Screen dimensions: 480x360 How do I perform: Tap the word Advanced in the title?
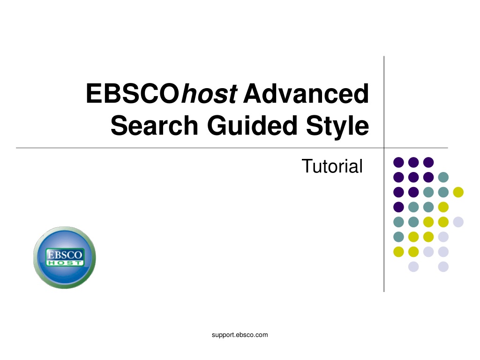(x=306, y=93)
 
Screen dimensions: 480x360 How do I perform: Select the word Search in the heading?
(x=154, y=125)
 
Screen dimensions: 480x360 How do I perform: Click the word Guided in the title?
(x=252, y=125)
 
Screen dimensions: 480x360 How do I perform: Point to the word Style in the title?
(x=337, y=126)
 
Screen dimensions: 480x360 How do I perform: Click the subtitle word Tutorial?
(x=332, y=166)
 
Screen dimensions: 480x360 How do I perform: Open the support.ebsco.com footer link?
(x=240, y=335)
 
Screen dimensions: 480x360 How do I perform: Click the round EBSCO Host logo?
(x=65, y=257)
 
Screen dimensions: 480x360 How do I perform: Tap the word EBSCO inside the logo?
(x=64, y=255)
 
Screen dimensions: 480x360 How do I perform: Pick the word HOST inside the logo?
(x=65, y=263)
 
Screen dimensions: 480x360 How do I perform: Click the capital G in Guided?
(x=217, y=125)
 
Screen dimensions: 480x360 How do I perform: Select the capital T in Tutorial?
(x=307, y=166)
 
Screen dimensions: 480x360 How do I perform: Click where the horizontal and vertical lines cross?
(x=384, y=148)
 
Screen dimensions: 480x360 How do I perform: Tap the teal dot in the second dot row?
(x=443, y=177)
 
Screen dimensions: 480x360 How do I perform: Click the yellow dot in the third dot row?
(x=458, y=192)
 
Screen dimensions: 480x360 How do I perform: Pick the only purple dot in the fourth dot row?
(x=398, y=207)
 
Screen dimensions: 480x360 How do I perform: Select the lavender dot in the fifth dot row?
(x=458, y=222)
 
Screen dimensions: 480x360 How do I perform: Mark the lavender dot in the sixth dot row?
(x=443, y=237)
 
